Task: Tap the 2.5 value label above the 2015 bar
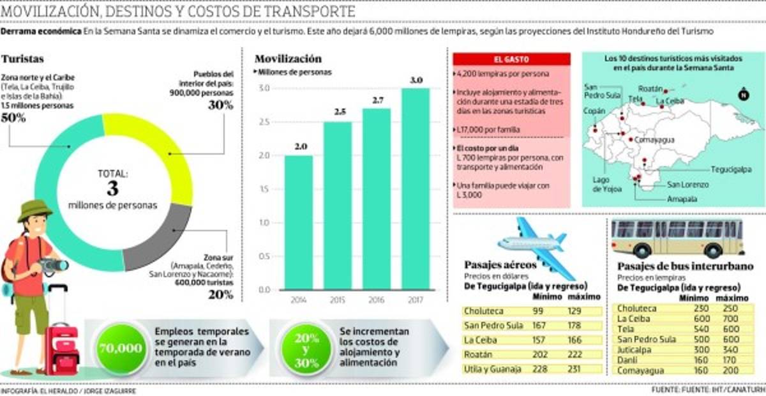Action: click(338, 112)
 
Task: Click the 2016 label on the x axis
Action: click(377, 300)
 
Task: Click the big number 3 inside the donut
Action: click(113, 188)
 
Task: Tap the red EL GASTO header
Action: click(511, 59)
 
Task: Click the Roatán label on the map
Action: click(652, 90)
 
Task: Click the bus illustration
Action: click(677, 238)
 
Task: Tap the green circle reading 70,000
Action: click(120, 348)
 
